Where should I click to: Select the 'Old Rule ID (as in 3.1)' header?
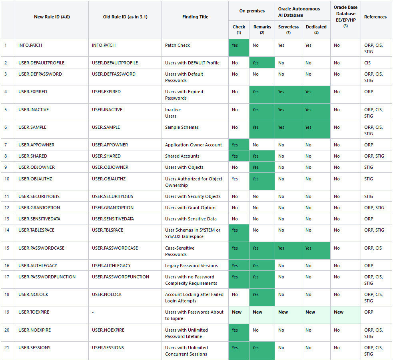[x=125, y=17]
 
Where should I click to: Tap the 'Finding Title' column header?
[x=195, y=17]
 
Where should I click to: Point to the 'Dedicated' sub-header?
[x=316, y=27]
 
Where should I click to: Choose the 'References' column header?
[x=375, y=17]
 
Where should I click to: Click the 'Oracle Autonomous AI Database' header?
[x=299, y=12]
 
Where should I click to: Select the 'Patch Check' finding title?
[x=178, y=45]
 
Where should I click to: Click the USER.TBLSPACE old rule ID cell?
[x=108, y=230]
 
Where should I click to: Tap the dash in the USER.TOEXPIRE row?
[x=93, y=312]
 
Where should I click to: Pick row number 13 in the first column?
[x=6, y=219]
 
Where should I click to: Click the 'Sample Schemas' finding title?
[x=182, y=127]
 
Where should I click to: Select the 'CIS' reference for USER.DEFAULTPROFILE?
[x=367, y=63]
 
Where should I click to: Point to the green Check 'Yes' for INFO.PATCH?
[x=235, y=45]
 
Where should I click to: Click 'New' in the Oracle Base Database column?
[x=339, y=312]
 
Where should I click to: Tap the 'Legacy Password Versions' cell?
[x=191, y=266]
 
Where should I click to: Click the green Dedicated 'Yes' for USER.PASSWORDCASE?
[x=308, y=248]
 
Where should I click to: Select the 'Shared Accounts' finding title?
[x=182, y=156]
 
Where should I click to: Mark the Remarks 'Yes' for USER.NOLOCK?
[x=255, y=294]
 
